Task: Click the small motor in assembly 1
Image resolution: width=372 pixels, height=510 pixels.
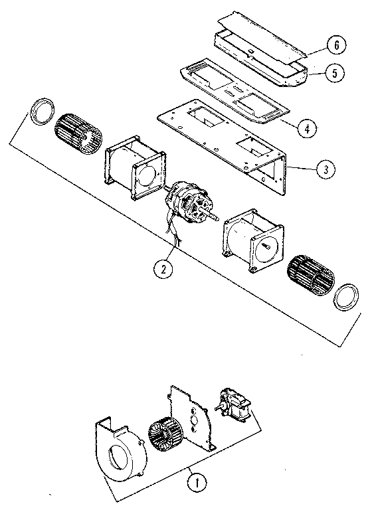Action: coord(234,406)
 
